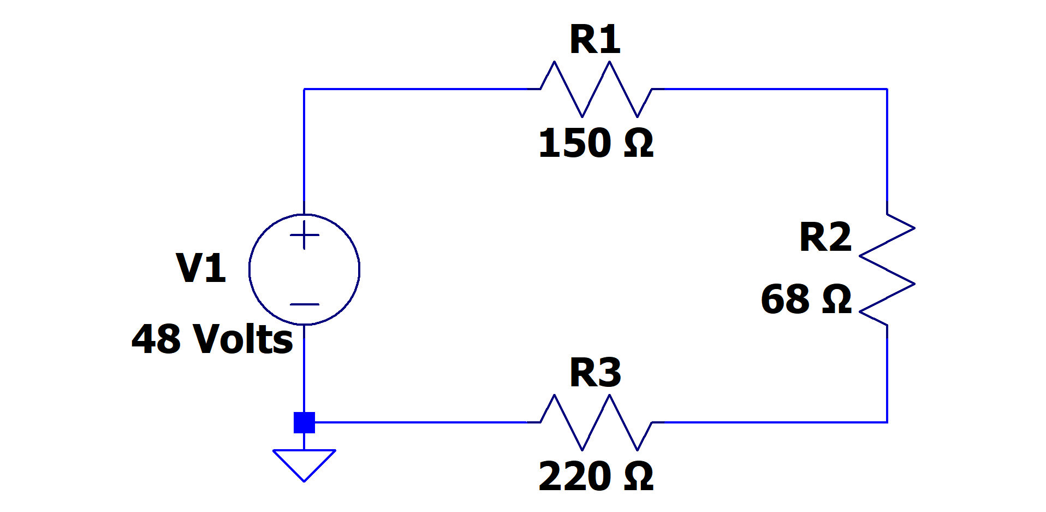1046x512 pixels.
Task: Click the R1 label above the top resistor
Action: pyautogui.click(x=595, y=39)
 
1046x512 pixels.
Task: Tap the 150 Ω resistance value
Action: pyautogui.click(x=595, y=143)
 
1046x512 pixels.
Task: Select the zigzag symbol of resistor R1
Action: pyautogui.click(x=596, y=89)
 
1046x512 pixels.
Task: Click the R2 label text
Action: pyautogui.click(x=825, y=237)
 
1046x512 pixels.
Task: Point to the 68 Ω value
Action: pyautogui.click(x=806, y=299)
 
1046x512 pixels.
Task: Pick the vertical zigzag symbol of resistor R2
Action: pyautogui.click(x=887, y=270)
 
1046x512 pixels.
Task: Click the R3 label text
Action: pyautogui.click(x=595, y=373)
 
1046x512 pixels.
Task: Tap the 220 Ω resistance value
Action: pyautogui.click(x=595, y=476)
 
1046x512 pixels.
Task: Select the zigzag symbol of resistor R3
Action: pyautogui.click(x=596, y=422)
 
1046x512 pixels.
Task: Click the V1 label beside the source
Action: pyautogui.click(x=201, y=268)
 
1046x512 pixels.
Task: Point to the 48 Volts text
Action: pyautogui.click(x=212, y=339)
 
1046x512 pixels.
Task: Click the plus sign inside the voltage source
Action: pyautogui.click(x=305, y=236)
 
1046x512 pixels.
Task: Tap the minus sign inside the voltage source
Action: pyautogui.click(x=305, y=304)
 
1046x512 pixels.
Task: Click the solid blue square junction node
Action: pyautogui.click(x=304, y=422)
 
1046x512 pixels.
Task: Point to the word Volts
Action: pyautogui.click(x=243, y=339)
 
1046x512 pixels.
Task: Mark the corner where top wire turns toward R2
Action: pyautogui.click(x=887, y=89)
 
